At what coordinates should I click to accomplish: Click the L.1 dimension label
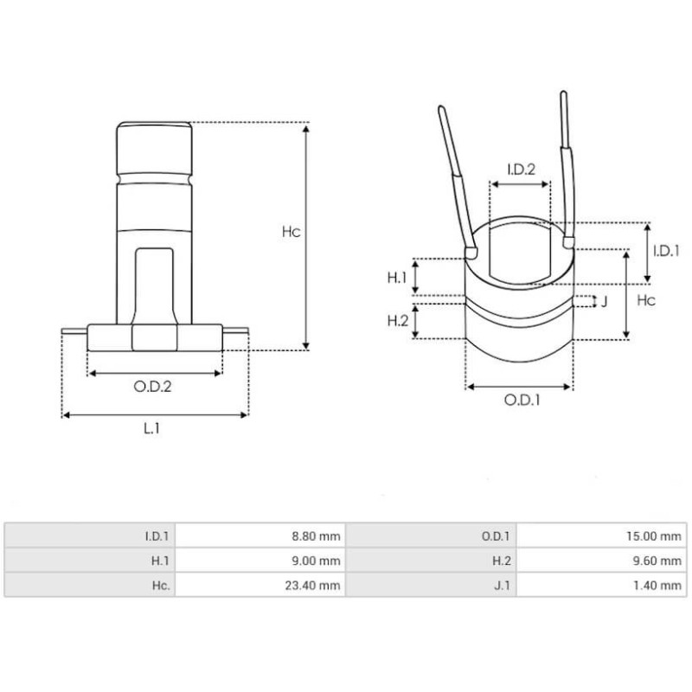tap(151, 427)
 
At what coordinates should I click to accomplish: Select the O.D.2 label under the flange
tap(152, 387)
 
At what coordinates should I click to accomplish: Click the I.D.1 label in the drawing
tap(667, 250)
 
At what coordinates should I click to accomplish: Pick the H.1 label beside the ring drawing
tap(396, 277)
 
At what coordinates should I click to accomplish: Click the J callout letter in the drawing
tap(604, 301)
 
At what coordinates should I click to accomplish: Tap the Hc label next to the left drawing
tap(292, 232)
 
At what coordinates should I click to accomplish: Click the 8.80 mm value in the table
tap(317, 536)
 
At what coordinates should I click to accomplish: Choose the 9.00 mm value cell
tap(317, 561)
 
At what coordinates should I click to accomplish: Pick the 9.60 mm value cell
tap(659, 561)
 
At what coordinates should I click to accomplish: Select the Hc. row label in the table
tap(159, 586)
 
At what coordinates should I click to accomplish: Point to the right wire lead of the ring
tap(566, 164)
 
